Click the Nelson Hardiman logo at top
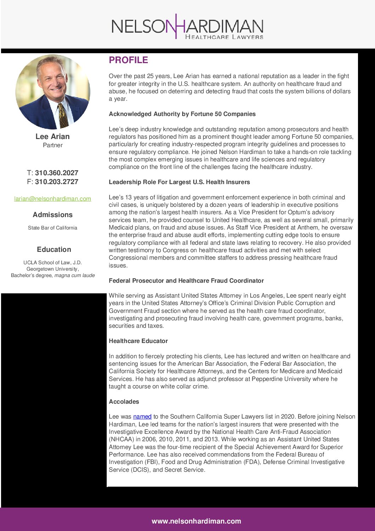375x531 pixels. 187,27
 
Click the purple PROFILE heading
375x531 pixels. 128,60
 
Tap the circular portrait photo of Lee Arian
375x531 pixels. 52,91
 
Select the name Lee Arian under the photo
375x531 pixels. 52,137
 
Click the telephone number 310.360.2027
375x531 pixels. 56,173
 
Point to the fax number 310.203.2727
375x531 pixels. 56,182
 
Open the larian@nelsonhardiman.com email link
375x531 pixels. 52,199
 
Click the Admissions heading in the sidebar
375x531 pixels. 52,215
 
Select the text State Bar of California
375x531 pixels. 52,228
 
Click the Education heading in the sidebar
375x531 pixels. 54,249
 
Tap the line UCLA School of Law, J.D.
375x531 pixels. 52,262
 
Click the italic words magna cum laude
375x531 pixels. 74,275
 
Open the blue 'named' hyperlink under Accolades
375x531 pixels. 142,416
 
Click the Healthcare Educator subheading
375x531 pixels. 138,341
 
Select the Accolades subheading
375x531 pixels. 124,402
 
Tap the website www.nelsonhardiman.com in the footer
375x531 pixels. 196,521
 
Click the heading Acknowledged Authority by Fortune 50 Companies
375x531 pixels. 182,114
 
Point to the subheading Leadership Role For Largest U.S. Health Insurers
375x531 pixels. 179,182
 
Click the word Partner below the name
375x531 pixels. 52,145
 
